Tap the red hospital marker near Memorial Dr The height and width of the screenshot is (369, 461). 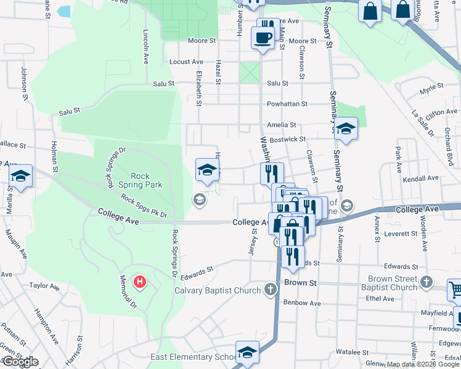(141, 282)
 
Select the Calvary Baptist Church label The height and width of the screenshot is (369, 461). (218, 290)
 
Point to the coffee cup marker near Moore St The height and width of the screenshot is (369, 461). (263, 38)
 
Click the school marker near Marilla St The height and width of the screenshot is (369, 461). (21, 177)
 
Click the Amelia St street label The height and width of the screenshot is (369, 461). (282, 125)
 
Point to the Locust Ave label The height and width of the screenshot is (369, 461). (186, 62)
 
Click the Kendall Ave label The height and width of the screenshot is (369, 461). (418, 179)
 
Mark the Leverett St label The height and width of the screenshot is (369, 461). (401, 234)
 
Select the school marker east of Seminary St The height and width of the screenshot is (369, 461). (346, 128)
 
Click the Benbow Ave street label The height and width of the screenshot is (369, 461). (302, 303)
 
